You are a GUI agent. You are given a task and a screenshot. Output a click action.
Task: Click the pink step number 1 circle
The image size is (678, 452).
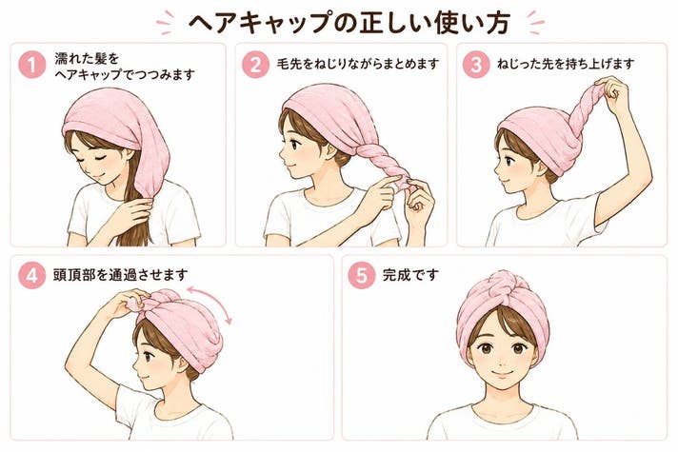coord(32,65)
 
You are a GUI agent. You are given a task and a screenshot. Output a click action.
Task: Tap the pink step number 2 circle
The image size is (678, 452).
coord(255,65)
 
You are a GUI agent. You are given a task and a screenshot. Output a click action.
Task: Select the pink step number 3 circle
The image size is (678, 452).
coord(476,65)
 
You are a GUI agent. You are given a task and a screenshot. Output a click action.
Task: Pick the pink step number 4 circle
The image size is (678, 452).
coord(32,275)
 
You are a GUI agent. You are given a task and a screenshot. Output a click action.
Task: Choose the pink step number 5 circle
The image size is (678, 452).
coord(362,275)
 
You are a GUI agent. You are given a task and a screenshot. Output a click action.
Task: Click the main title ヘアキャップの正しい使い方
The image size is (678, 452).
coord(349,23)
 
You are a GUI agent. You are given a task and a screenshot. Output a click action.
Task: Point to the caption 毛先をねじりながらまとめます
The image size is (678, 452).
coord(358,65)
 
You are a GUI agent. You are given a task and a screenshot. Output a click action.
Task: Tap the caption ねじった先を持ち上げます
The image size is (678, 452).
coord(566,65)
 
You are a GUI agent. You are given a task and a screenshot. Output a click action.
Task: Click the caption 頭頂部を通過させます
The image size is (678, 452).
coord(121,275)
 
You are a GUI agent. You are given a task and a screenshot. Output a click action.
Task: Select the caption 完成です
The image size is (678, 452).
coord(410,275)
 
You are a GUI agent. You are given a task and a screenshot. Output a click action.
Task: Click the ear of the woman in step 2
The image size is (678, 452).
coord(329,149)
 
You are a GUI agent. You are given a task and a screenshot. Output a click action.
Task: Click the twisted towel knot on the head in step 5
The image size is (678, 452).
coord(503,287)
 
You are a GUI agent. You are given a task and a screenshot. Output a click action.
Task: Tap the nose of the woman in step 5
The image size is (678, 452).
coord(501,360)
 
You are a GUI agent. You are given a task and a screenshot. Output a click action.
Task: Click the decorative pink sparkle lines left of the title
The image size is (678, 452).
coord(166,22)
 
